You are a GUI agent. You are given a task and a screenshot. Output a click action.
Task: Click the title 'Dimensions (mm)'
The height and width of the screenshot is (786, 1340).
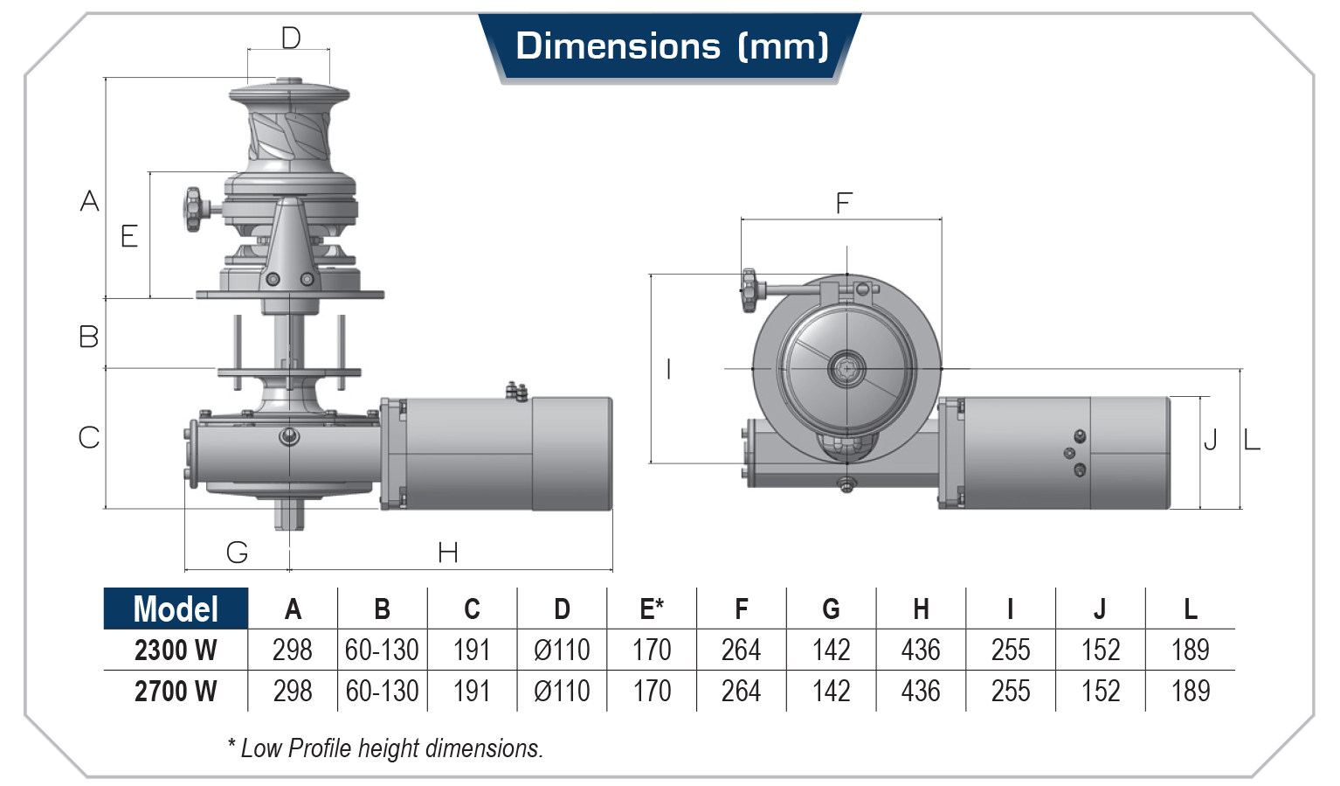[671, 46]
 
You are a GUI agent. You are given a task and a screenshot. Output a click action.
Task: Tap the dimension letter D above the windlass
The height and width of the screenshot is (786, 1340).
[291, 38]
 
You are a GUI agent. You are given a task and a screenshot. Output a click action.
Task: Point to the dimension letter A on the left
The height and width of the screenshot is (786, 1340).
[89, 201]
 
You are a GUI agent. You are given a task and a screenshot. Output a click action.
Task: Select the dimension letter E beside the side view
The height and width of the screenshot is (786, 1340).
[129, 236]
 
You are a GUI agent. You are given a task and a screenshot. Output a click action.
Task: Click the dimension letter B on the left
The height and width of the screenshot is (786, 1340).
[89, 337]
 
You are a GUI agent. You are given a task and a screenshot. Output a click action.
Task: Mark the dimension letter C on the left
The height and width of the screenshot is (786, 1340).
[89, 437]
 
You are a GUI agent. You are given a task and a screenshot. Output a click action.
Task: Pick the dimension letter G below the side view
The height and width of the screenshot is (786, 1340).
[237, 553]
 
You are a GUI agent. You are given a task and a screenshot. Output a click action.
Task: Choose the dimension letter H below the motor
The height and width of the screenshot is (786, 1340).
[448, 553]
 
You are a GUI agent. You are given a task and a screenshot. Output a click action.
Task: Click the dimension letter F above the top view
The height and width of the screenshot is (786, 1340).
[843, 204]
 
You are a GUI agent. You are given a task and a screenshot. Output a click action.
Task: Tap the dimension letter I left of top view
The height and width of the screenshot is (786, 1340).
[669, 369]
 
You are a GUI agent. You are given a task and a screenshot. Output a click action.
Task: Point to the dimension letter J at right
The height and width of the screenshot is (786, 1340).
[1210, 440]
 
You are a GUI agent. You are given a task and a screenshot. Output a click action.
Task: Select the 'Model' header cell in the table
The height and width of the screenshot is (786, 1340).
[176, 609]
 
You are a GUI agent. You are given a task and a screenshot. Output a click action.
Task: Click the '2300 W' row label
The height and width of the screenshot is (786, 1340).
[176, 650]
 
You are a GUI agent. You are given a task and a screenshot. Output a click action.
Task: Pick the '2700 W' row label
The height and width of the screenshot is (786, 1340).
[176, 692]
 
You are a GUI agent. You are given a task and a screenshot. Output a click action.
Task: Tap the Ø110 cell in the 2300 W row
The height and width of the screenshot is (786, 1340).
[562, 650]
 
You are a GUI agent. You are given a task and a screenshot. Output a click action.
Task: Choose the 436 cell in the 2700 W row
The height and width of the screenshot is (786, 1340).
[921, 692]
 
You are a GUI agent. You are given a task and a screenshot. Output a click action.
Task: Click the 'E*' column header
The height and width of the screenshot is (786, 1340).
[652, 609]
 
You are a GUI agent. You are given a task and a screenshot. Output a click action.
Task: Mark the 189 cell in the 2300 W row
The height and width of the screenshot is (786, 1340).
[1190, 650]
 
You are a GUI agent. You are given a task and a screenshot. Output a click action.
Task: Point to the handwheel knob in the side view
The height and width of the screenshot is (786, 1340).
[192, 209]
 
